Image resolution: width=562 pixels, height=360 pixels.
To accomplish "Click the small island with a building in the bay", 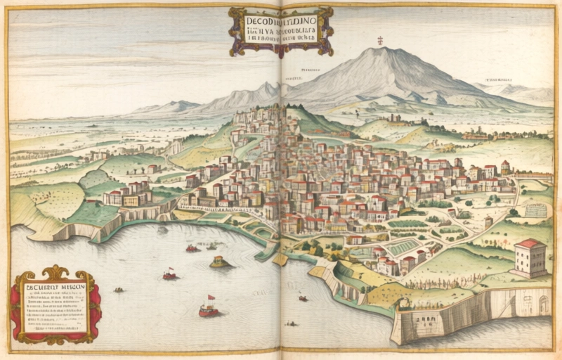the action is [221, 262].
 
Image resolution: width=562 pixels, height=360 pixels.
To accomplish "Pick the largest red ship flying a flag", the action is [209, 309].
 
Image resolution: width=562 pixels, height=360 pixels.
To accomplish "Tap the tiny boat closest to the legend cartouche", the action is [119, 290].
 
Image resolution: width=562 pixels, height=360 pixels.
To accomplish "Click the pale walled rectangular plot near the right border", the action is [535, 209].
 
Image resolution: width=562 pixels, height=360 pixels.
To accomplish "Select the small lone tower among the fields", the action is [488, 221].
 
